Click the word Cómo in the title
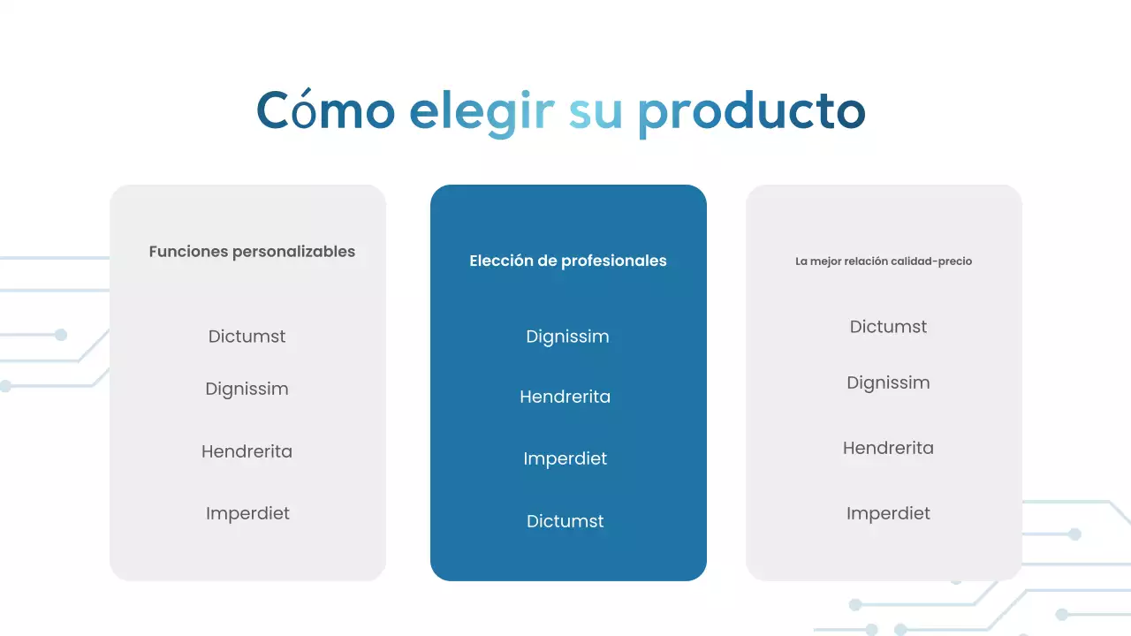tap(325, 111)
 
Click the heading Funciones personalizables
tap(252, 252)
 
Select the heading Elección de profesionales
tap(568, 261)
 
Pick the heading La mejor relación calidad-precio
tap(884, 261)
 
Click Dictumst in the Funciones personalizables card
tap(247, 337)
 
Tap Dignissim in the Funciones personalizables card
tap(247, 389)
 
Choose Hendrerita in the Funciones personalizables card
tap(247, 451)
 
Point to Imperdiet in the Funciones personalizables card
tap(247, 513)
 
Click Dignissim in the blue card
tap(567, 337)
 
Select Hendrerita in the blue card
tap(565, 397)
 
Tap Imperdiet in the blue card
tap(565, 458)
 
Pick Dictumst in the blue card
tap(565, 521)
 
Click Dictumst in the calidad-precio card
tap(888, 327)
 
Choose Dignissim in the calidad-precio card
tap(888, 382)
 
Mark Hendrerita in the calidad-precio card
tap(888, 448)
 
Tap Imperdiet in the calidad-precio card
tap(888, 513)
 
